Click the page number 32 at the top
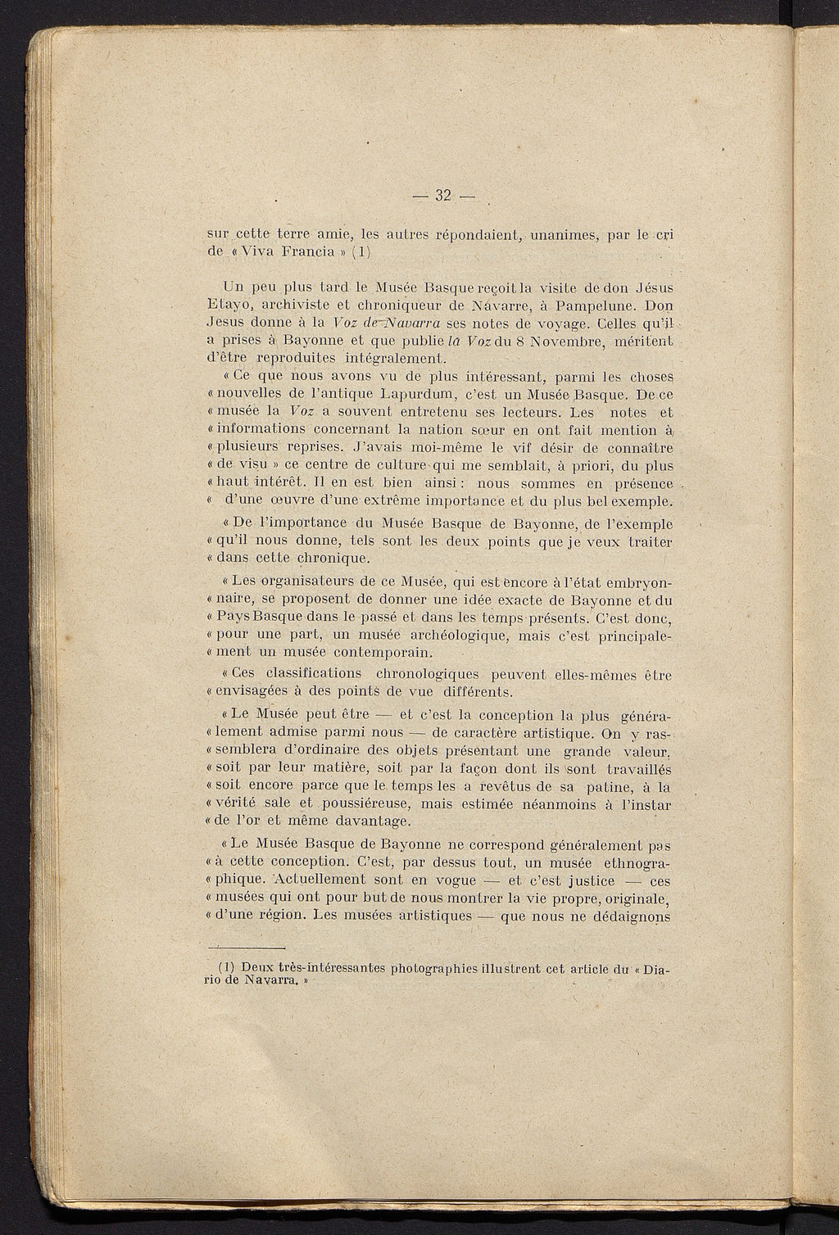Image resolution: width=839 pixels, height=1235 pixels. tap(444, 195)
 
